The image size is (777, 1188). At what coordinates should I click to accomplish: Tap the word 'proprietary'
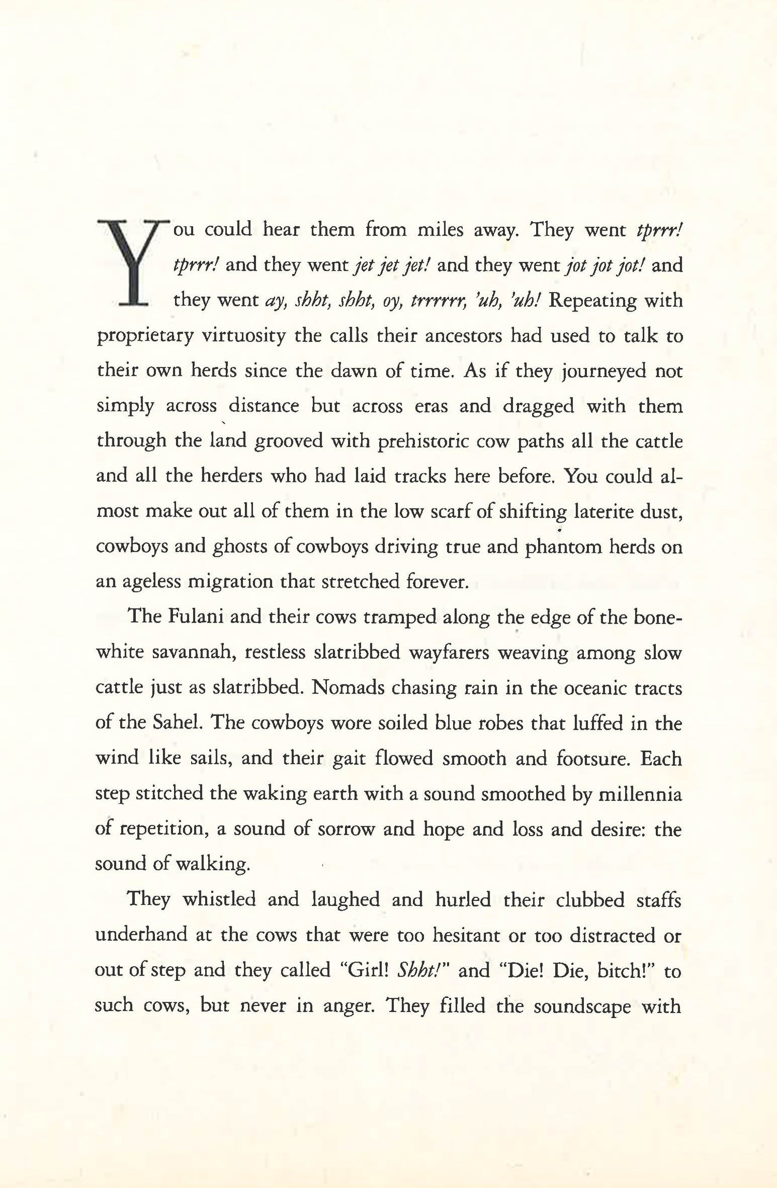point(145,337)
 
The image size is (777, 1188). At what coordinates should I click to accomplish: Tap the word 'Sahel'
point(175,723)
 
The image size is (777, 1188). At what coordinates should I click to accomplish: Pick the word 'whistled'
point(219,899)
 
